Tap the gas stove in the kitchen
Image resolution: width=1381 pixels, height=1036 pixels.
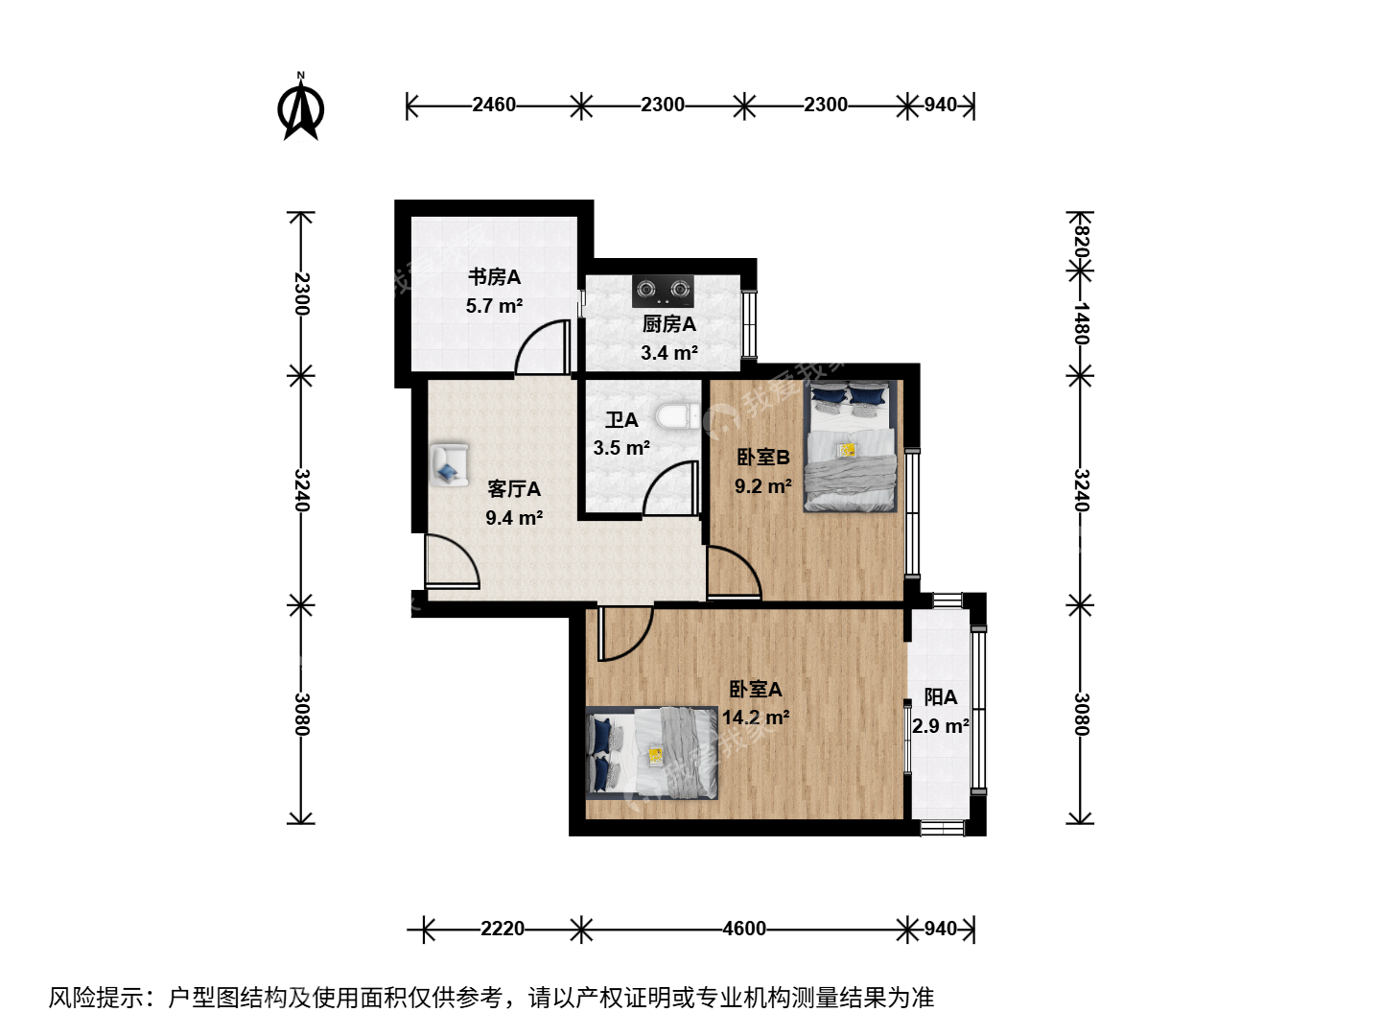click(x=663, y=290)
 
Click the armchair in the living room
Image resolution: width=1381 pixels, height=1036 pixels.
click(x=449, y=465)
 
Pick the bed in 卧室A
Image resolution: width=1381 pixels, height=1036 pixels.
click(x=652, y=753)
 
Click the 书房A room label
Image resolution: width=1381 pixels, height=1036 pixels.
click(x=494, y=277)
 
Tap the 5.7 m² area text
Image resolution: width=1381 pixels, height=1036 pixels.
click(x=494, y=306)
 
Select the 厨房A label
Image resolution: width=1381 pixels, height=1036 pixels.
click(x=668, y=324)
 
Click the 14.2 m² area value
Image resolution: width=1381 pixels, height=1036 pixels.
click(x=756, y=718)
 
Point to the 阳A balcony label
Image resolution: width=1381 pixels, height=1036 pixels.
click(x=941, y=697)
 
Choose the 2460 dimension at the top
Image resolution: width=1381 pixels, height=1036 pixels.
click(x=494, y=105)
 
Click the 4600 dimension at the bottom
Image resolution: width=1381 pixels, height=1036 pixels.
click(x=744, y=929)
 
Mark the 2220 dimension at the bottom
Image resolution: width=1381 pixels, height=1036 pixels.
click(x=503, y=929)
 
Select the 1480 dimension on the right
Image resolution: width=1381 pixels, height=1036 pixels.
click(x=1080, y=323)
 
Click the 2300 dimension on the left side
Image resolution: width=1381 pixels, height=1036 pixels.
click(x=301, y=294)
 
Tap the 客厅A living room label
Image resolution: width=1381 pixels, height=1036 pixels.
click(x=514, y=489)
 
